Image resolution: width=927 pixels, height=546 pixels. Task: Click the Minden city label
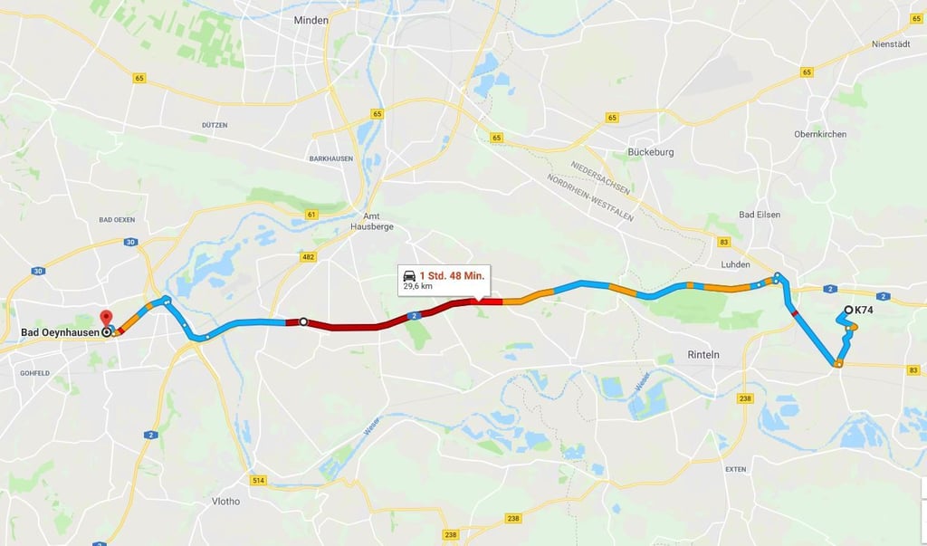click(x=311, y=20)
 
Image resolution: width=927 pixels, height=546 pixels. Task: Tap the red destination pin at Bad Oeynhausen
click(x=106, y=319)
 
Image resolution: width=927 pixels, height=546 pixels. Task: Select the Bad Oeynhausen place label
click(x=60, y=332)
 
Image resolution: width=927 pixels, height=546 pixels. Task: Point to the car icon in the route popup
click(x=409, y=274)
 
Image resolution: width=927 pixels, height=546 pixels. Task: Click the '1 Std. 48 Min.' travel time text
click(x=452, y=274)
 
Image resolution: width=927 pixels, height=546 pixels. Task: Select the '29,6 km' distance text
click(x=418, y=286)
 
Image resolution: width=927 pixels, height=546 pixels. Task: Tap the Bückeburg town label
click(x=652, y=152)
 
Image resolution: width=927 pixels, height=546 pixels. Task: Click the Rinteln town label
click(x=703, y=354)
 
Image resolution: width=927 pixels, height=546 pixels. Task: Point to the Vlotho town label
click(x=225, y=501)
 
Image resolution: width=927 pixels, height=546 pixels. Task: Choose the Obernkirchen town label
click(x=820, y=134)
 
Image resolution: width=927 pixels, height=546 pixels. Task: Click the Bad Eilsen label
click(x=760, y=215)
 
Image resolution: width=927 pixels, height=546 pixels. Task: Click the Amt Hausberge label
click(x=371, y=221)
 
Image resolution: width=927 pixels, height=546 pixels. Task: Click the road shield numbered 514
click(x=259, y=480)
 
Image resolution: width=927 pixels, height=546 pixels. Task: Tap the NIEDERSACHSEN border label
click(x=599, y=177)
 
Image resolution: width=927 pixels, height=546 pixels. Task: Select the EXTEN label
click(x=735, y=469)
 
